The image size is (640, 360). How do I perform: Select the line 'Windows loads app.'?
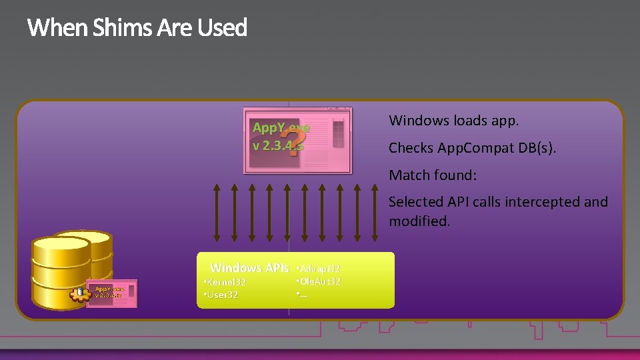453,121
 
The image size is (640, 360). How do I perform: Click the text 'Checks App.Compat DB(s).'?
472,148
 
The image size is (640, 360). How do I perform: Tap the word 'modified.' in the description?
419,221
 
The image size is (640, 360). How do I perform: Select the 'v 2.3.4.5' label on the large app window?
277,144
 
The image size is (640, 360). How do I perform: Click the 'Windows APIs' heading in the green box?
249,268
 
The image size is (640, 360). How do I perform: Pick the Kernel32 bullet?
225,283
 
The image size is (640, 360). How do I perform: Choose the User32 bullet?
221,295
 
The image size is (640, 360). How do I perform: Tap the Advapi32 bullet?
319,268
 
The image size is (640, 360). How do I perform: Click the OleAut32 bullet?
319,281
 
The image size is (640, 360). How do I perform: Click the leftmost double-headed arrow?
216,211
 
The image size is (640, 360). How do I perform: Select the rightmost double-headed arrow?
376,211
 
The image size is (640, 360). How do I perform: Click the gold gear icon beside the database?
81,294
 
